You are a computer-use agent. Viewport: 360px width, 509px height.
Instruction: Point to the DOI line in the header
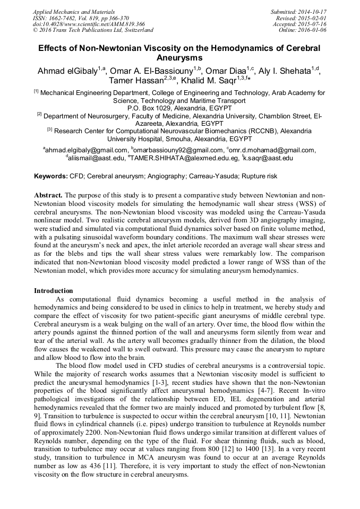pos(89,24)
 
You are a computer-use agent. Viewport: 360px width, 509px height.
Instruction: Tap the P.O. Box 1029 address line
pos(179,108)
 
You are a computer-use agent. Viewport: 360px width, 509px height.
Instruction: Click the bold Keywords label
pos(51,176)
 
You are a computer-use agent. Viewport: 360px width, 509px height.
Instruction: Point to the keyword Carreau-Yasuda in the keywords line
pos(223,176)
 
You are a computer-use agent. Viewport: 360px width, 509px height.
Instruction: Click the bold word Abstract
pos(48,195)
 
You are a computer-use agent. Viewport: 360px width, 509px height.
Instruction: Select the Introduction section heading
pos(54,290)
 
